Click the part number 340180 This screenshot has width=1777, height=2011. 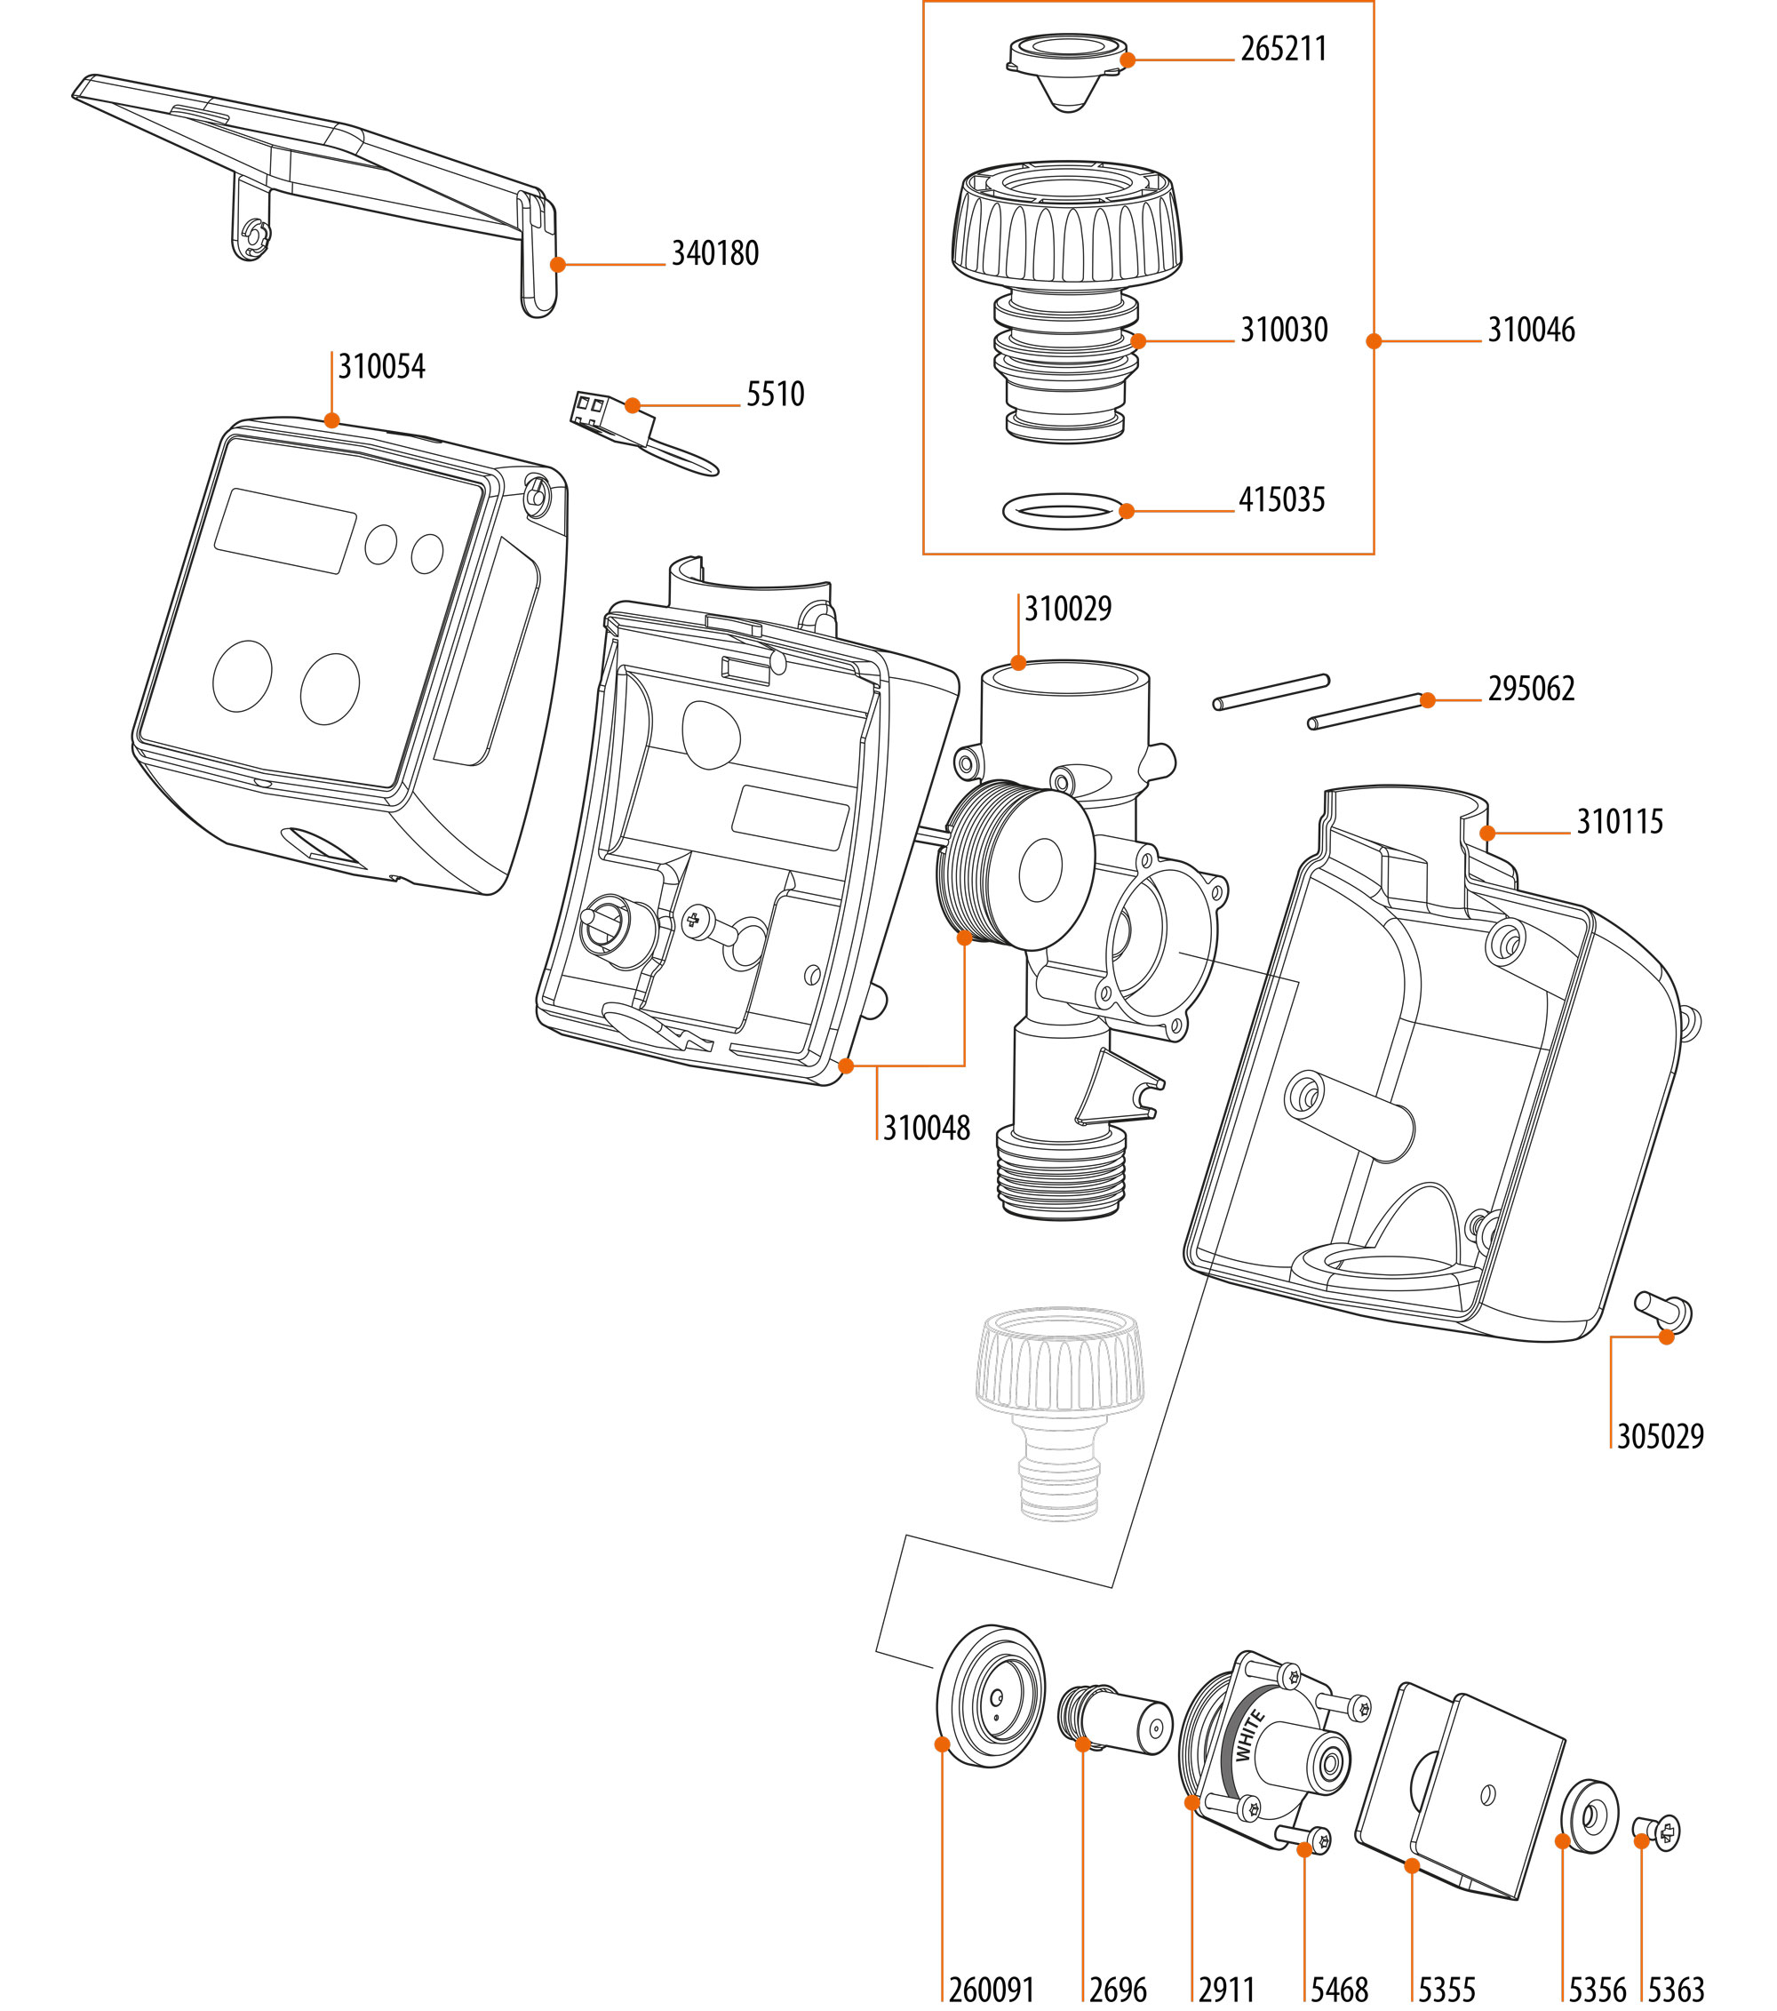tap(714, 254)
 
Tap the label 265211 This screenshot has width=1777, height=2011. tap(1283, 49)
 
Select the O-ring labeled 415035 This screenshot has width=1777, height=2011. tap(1063, 512)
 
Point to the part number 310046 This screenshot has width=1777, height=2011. tap(1530, 330)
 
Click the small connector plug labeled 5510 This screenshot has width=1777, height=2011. tap(612, 413)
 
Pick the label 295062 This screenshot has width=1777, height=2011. tap(1530, 689)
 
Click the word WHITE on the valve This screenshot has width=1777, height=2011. tap(1248, 1736)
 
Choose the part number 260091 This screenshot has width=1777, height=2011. tap(991, 1990)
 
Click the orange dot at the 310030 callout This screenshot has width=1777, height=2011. tap(1138, 341)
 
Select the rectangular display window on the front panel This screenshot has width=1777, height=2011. tap(284, 531)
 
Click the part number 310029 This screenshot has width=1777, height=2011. tap(1068, 609)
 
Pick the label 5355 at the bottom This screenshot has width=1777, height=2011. tap(1446, 1990)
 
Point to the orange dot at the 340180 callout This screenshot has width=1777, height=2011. tap(558, 265)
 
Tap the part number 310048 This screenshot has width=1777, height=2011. tap(926, 1128)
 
